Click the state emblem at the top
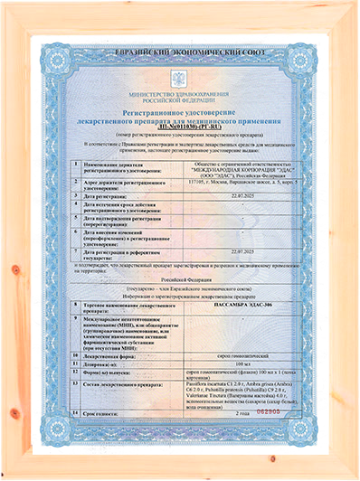(x=180, y=78)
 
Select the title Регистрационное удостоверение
(x=180, y=109)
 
